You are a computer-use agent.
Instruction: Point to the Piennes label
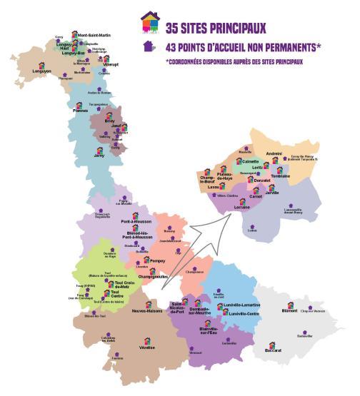(80, 111)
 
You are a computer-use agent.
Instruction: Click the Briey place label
(109, 121)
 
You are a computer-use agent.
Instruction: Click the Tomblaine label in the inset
(281, 176)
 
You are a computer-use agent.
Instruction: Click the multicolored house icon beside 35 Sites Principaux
(150, 24)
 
